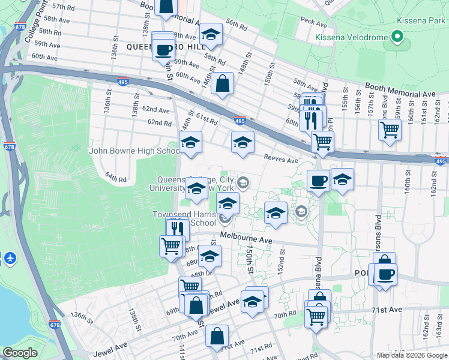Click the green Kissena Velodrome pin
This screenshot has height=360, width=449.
(397, 38)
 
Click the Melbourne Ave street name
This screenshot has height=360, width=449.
(246, 239)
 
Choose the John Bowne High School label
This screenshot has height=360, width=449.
(134, 151)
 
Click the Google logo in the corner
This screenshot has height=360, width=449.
(20, 352)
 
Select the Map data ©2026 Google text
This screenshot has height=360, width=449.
(411, 355)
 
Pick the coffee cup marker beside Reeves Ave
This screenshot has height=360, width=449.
(318, 179)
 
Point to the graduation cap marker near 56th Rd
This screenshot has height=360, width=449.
(211, 34)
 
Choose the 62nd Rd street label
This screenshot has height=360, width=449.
(160, 122)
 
